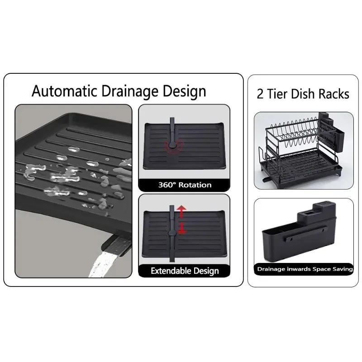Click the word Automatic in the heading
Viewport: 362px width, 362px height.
pos(64,91)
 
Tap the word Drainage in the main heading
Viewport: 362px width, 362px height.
pos(130,92)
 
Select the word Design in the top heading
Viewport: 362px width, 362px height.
pos(185,92)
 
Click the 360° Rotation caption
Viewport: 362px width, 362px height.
pos(185,185)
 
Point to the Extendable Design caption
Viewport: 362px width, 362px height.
pos(185,271)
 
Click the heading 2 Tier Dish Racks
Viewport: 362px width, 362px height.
pos(303,94)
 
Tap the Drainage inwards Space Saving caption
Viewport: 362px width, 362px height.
pos(305,269)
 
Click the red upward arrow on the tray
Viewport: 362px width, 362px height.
pos(182,212)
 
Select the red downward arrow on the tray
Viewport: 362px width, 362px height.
pos(182,229)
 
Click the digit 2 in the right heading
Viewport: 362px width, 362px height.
pos(260,94)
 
